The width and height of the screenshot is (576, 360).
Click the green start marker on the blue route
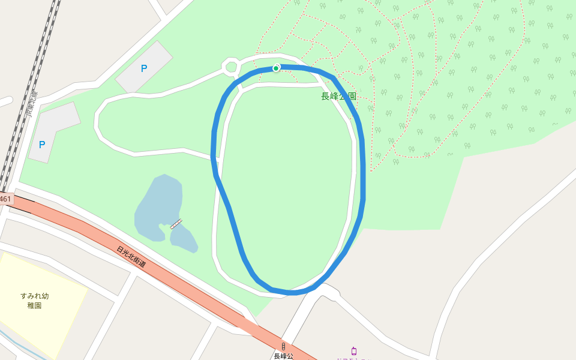pyautogui.click(x=276, y=68)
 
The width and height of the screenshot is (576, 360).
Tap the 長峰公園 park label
pyautogui.click(x=338, y=96)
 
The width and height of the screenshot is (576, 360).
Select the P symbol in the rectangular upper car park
pyautogui.click(x=143, y=68)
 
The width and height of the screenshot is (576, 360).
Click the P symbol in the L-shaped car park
pyautogui.click(x=42, y=145)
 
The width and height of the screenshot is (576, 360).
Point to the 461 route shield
pyautogui.click(x=5, y=199)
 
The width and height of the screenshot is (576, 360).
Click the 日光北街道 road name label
pyautogui.click(x=131, y=257)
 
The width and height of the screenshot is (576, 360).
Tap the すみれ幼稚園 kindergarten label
pyautogui.click(x=34, y=300)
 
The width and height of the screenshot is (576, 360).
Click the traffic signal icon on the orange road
pyautogui.click(x=283, y=346)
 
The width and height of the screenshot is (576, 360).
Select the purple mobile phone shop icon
pyautogui.click(x=354, y=351)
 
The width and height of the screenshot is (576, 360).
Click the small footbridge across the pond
pyautogui.click(x=176, y=224)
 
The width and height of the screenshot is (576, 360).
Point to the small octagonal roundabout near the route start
pyautogui.click(x=230, y=67)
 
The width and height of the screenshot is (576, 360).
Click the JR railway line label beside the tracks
pyautogui.click(x=31, y=103)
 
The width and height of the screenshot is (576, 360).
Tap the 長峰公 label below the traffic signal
pyautogui.click(x=283, y=356)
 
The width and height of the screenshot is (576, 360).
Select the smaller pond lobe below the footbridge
pyautogui.click(x=183, y=239)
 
